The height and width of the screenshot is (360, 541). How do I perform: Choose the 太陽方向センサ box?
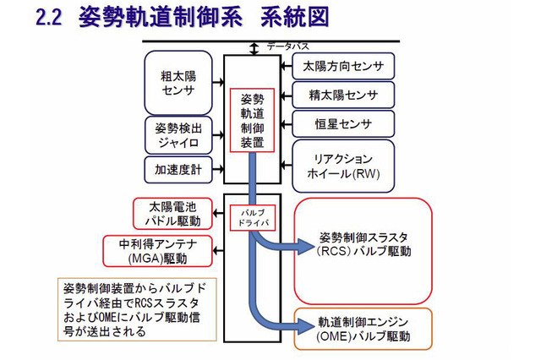pyautogui.click(x=342, y=66)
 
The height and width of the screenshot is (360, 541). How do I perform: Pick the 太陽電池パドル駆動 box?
pyautogui.click(x=174, y=214)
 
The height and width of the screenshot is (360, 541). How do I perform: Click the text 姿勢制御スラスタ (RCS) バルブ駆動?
pyautogui.click(x=363, y=243)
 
